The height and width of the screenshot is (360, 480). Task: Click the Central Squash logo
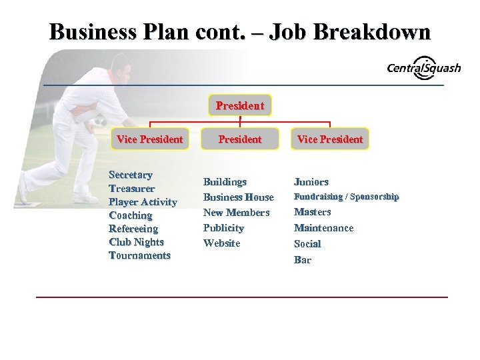423,68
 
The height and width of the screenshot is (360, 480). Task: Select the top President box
239,105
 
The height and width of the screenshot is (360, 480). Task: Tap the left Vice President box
149,139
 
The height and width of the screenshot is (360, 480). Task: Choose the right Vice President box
329,139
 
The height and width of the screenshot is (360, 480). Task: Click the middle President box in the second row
239,139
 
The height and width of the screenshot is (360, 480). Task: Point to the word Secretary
131,175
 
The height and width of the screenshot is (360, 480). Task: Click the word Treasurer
131,189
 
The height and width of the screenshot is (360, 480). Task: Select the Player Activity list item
143,202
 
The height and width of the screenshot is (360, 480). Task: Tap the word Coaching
131,215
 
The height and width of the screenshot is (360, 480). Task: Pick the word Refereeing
133,229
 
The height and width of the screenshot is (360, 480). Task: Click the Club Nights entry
136,242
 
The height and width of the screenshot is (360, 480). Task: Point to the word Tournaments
139,255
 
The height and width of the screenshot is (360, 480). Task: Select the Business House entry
238,197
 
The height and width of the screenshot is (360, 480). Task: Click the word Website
221,243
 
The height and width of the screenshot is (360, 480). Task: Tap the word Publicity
223,228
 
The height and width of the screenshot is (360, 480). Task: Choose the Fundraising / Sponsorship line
346,197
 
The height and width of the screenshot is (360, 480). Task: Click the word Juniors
311,181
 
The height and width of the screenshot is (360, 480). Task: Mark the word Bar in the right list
303,259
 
